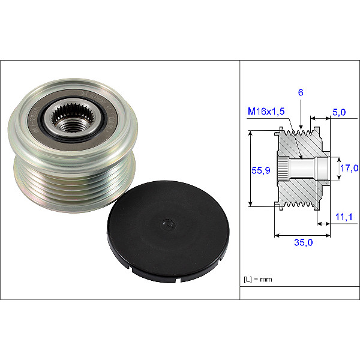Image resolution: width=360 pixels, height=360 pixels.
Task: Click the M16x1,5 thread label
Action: click(x=266, y=112)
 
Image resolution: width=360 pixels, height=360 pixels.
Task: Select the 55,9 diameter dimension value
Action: click(x=261, y=170)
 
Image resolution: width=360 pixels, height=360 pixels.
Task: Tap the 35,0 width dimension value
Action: click(x=303, y=242)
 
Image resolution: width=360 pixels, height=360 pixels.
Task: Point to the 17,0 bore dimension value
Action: click(x=349, y=168)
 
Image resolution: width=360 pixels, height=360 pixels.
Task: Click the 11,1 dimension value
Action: click(x=344, y=217)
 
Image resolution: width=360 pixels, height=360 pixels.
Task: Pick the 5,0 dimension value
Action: click(x=339, y=112)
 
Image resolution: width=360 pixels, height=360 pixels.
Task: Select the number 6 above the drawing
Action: click(x=301, y=92)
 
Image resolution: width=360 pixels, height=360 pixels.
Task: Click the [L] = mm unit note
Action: click(x=258, y=280)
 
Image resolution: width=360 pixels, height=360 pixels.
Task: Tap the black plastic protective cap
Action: click(x=168, y=231)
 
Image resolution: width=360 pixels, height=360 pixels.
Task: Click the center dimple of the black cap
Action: click(x=169, y=224)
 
